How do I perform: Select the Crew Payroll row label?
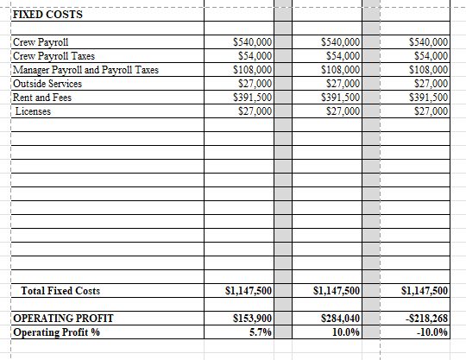coord(41,41)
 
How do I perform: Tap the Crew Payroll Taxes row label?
coord(54,55)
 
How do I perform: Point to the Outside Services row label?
coord(47,84)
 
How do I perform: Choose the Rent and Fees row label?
coord(42,98)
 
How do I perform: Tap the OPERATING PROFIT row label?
coord(62,319)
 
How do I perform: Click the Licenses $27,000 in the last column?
coord(431,111)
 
